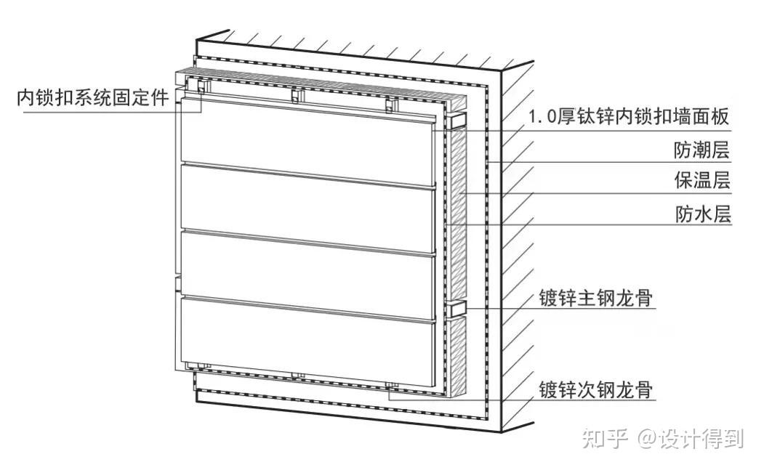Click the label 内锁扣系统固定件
click(94, 98)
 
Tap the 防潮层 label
click(701, 150)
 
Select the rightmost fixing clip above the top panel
click(390, 105)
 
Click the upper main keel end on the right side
click(459, 117)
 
